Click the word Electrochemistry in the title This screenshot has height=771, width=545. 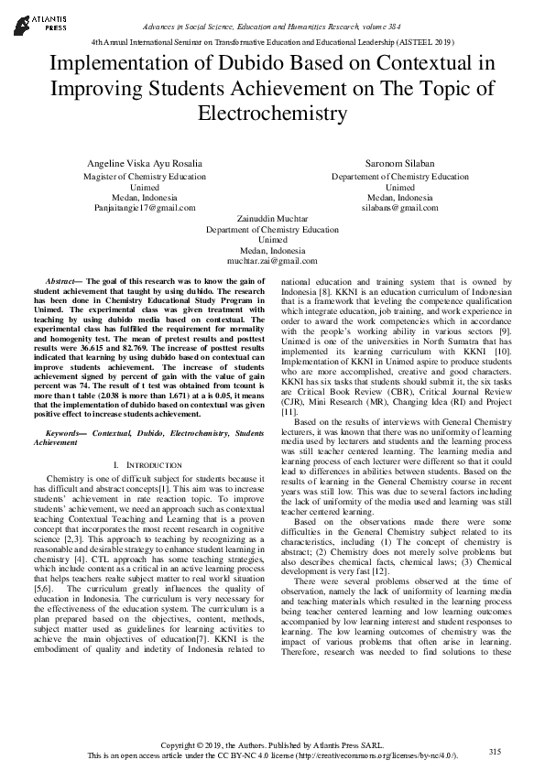pyautogui.click(x=272, y=114)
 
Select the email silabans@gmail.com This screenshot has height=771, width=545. pyautogui.click(x=400, y=208)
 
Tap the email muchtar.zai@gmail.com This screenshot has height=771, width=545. pyautogui.click(x=272, y=261)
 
